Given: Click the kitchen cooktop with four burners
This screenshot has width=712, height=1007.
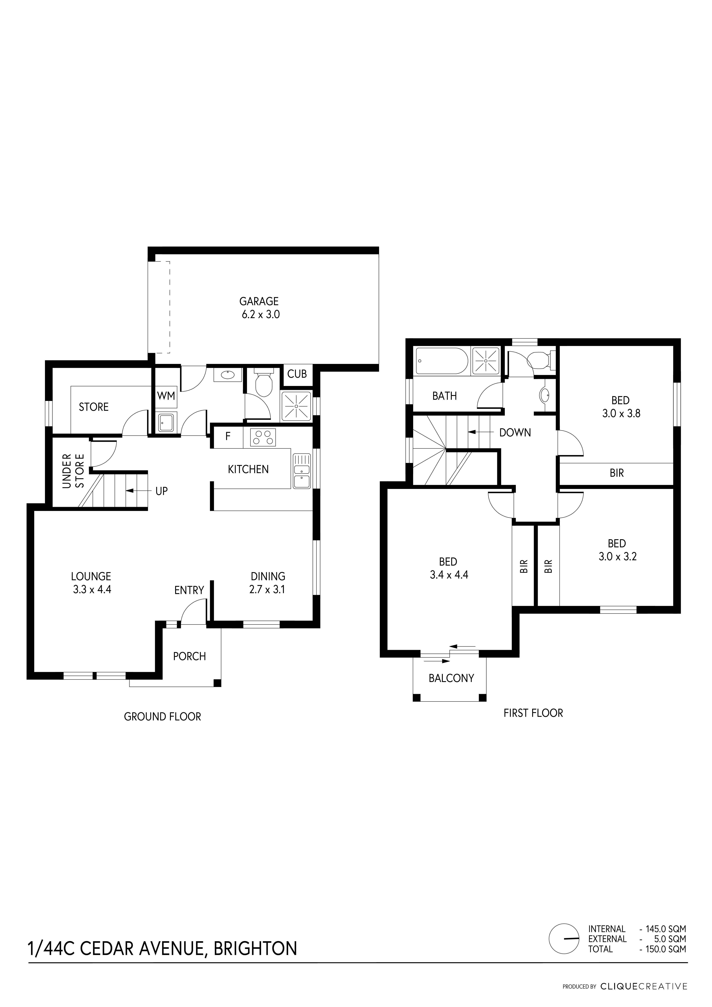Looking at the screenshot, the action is pyautogui.click(x=263, y=437).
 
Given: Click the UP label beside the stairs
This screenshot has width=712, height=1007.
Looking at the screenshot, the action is pyautogui.click(x=161, y=491).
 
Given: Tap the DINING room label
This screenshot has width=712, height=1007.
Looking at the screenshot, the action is pyautogui.click(x=268, y=576).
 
